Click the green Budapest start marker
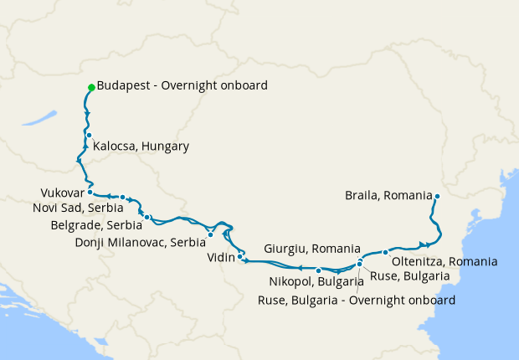coord(91,87)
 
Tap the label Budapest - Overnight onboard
coord(182,85)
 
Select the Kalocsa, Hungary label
coord(141,147)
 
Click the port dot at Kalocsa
coord(88,135)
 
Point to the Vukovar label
coord(62,193)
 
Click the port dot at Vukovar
coord(90,192)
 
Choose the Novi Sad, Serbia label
coord(79,208)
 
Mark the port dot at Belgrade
coord(147,218)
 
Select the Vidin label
coord(221,258)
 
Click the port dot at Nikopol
coord(319,270)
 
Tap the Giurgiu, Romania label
coord(311,249)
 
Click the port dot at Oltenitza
coord(385,252)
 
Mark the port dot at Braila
coord(437,197)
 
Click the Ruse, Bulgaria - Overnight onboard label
coord(357,300)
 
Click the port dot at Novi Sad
coord(122,198)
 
